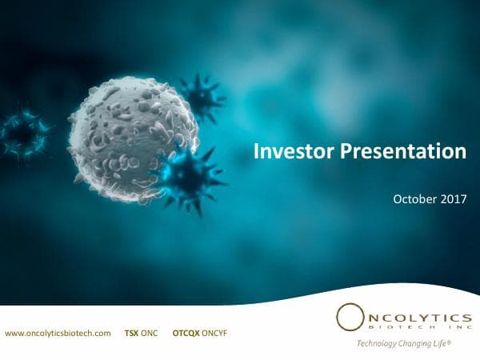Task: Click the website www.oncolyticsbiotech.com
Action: point(58,332)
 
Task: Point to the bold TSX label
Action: point(131,332)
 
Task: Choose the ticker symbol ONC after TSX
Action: point(150,332)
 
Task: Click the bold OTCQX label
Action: point(186,332)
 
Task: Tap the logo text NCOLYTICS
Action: point(415,314)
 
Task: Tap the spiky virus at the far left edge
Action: point(22,134)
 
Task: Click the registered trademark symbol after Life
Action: point(452,342)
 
